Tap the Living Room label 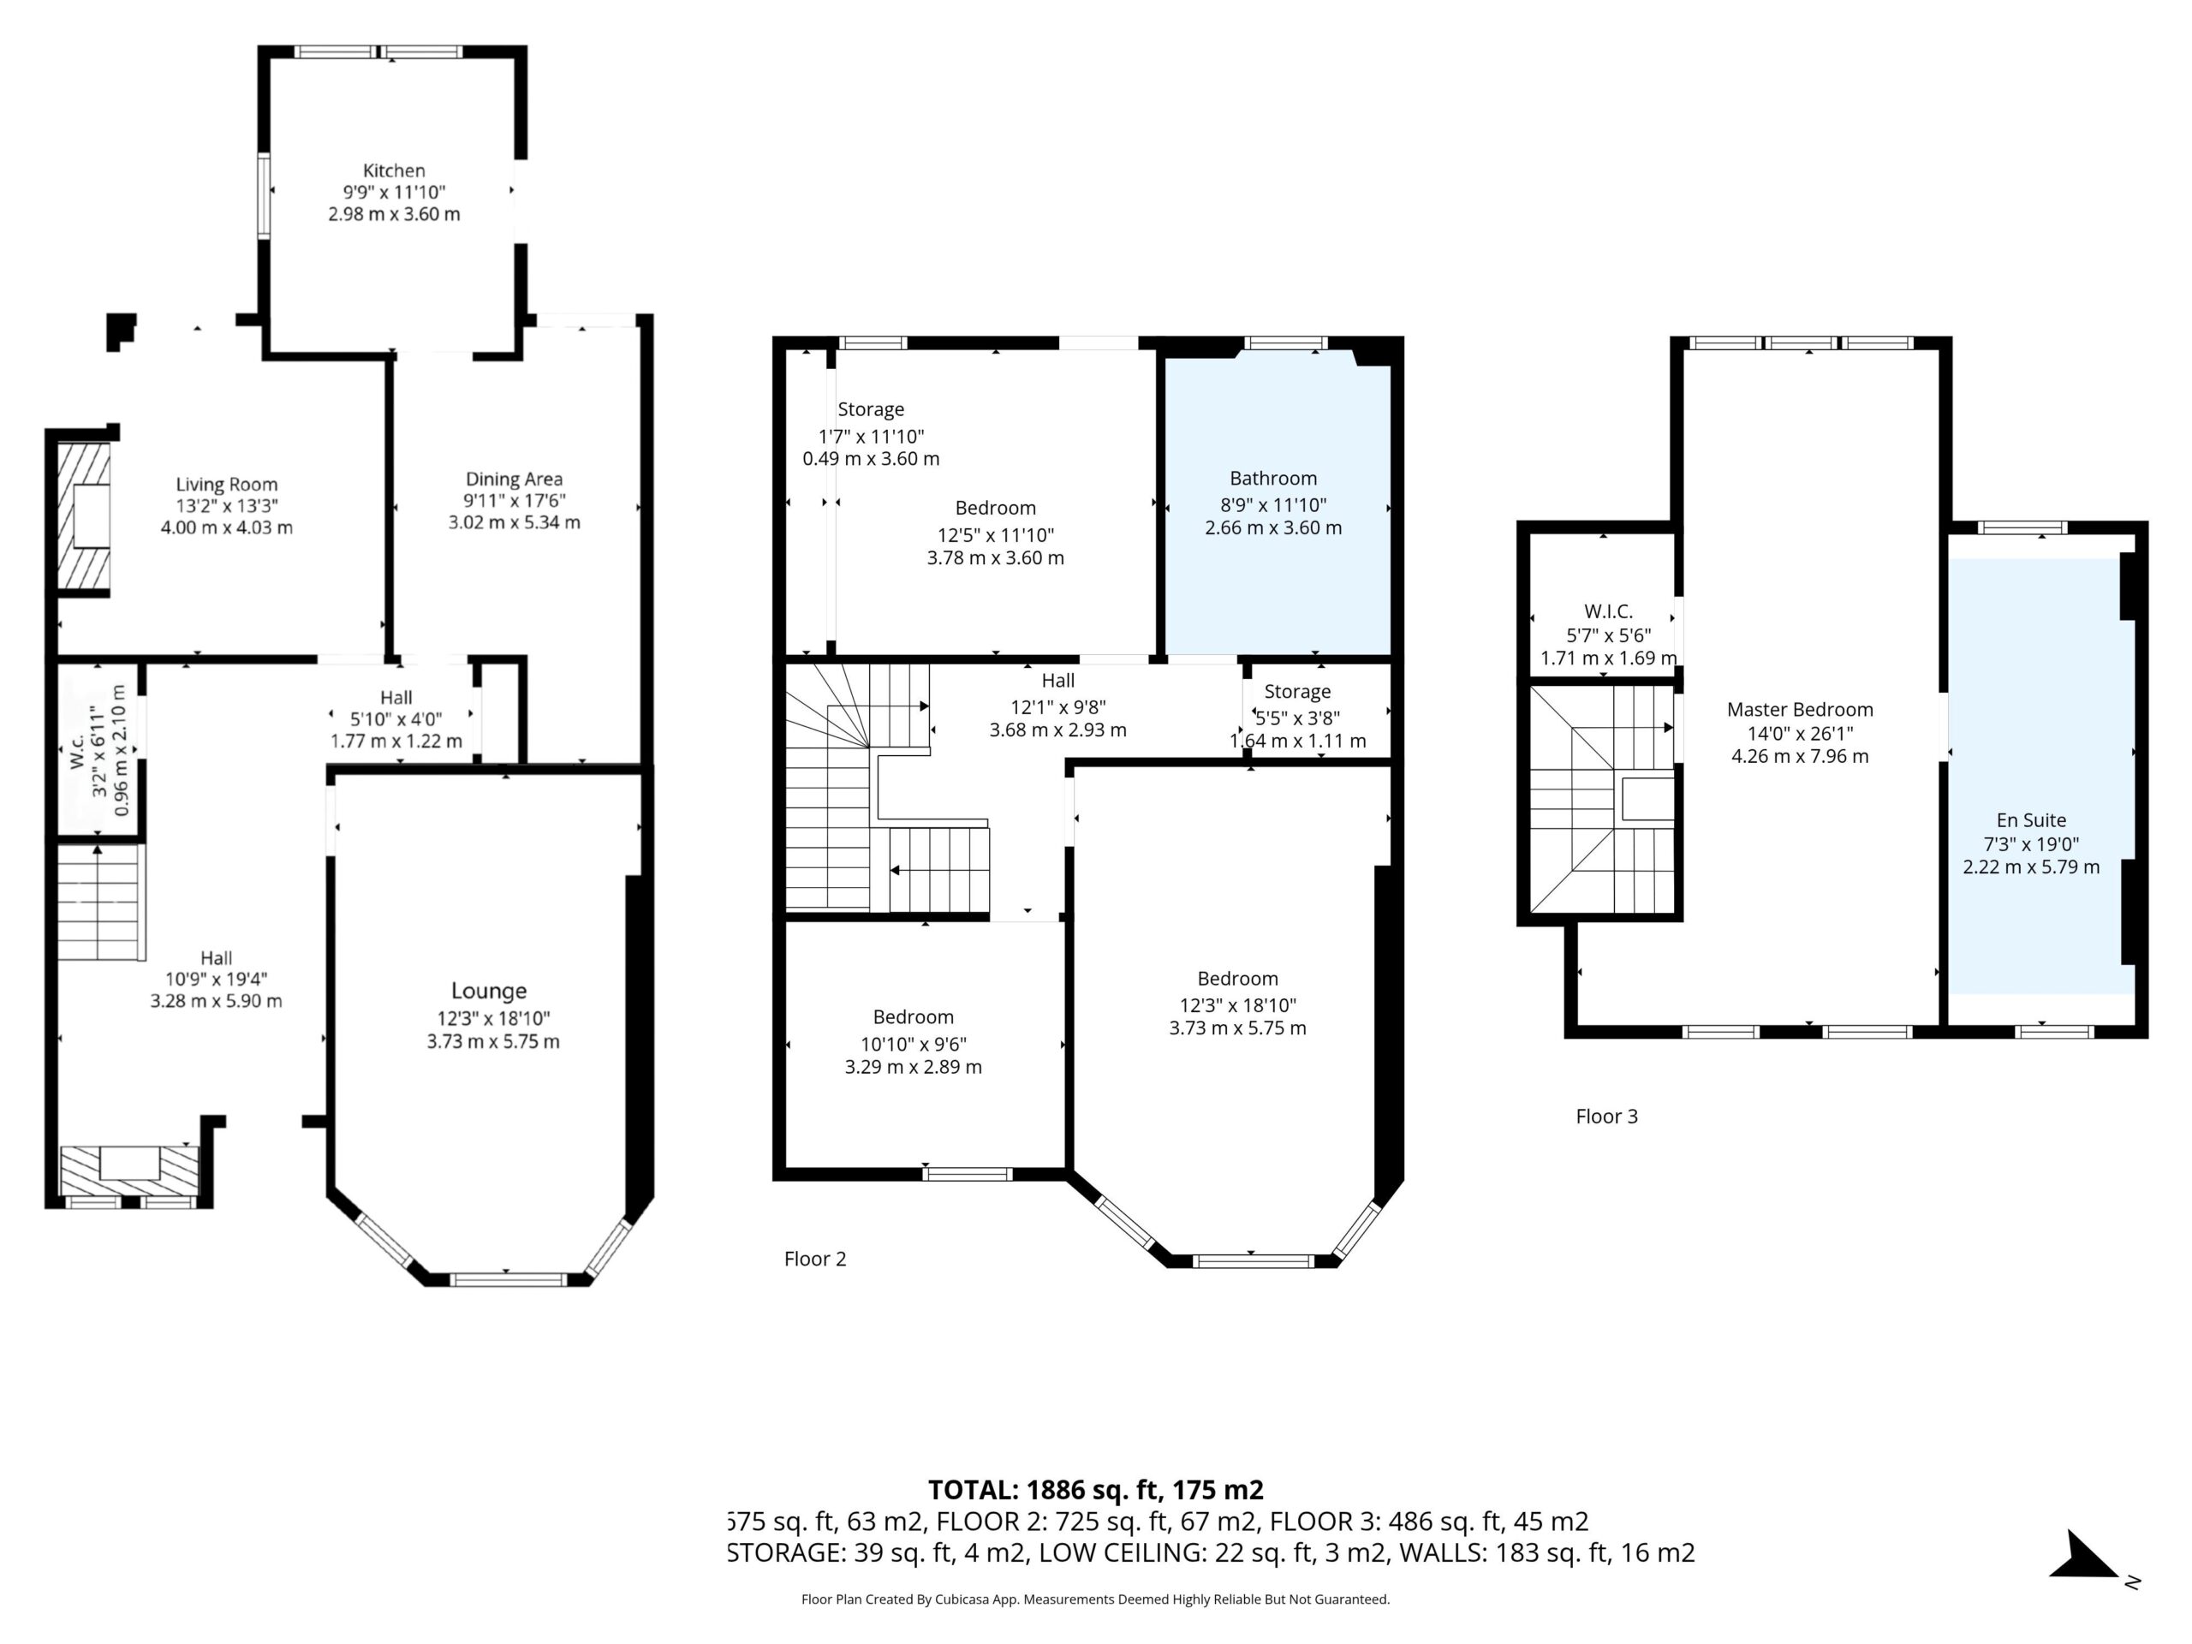click(227, 485)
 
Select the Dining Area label click(515, 479)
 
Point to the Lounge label click(489, 991)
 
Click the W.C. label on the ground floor click(76, 751)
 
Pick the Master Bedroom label click(1800, 710)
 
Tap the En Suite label click(2030, 820)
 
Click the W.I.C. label click(1608, 611)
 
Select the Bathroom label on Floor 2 click(1273, 479)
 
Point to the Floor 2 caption click(814, 1259)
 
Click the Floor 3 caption click(1606, 1116)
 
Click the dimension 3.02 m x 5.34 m click(515, 522)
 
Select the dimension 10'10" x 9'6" click(914, 1044)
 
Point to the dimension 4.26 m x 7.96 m click(1800, 756)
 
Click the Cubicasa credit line click(1095, 1599)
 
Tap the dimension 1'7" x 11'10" click(871, 436)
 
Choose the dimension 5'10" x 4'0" click(396, 719)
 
